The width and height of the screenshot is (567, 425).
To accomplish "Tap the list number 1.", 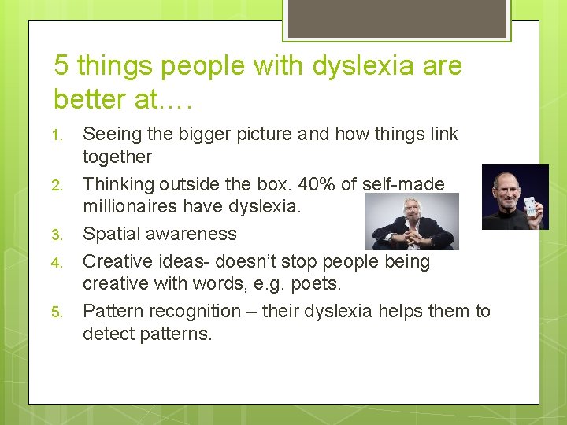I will tap(57, 135).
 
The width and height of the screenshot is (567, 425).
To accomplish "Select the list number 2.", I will tap(57, 185).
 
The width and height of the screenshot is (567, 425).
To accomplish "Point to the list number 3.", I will tap(57, 235).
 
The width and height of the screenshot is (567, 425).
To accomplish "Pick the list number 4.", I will tap(57, 261).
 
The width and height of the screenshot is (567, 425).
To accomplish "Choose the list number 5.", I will tap(57, 312).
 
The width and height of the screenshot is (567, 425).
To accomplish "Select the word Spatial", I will tap(110, 235).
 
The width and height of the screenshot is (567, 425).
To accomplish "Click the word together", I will tap(117, 157).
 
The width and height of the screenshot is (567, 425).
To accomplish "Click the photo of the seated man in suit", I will tap(413, 222).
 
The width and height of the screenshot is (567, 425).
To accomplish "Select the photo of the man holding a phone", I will tap(514, 197).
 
